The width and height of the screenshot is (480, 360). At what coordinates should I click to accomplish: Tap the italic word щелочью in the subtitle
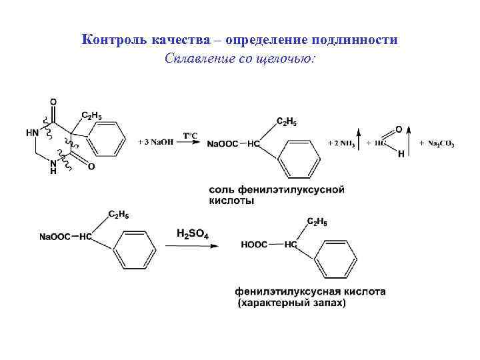click(291, 59)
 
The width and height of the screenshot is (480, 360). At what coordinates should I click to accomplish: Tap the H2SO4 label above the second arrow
click(193, 234)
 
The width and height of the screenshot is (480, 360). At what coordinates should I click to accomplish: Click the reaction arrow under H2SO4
click(192, 245)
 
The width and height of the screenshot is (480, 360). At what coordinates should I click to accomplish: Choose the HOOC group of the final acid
click(254, 245)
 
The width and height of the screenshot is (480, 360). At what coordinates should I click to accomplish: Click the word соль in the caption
click(221, 190)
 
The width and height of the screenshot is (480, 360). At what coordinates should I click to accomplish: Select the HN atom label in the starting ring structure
click(33, 133)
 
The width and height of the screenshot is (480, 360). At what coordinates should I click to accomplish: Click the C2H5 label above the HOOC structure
click(316, 221)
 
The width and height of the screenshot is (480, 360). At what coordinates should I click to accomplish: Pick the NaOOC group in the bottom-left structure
click(55, 237)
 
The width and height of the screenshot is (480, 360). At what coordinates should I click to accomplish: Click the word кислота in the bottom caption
click(361, 291)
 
